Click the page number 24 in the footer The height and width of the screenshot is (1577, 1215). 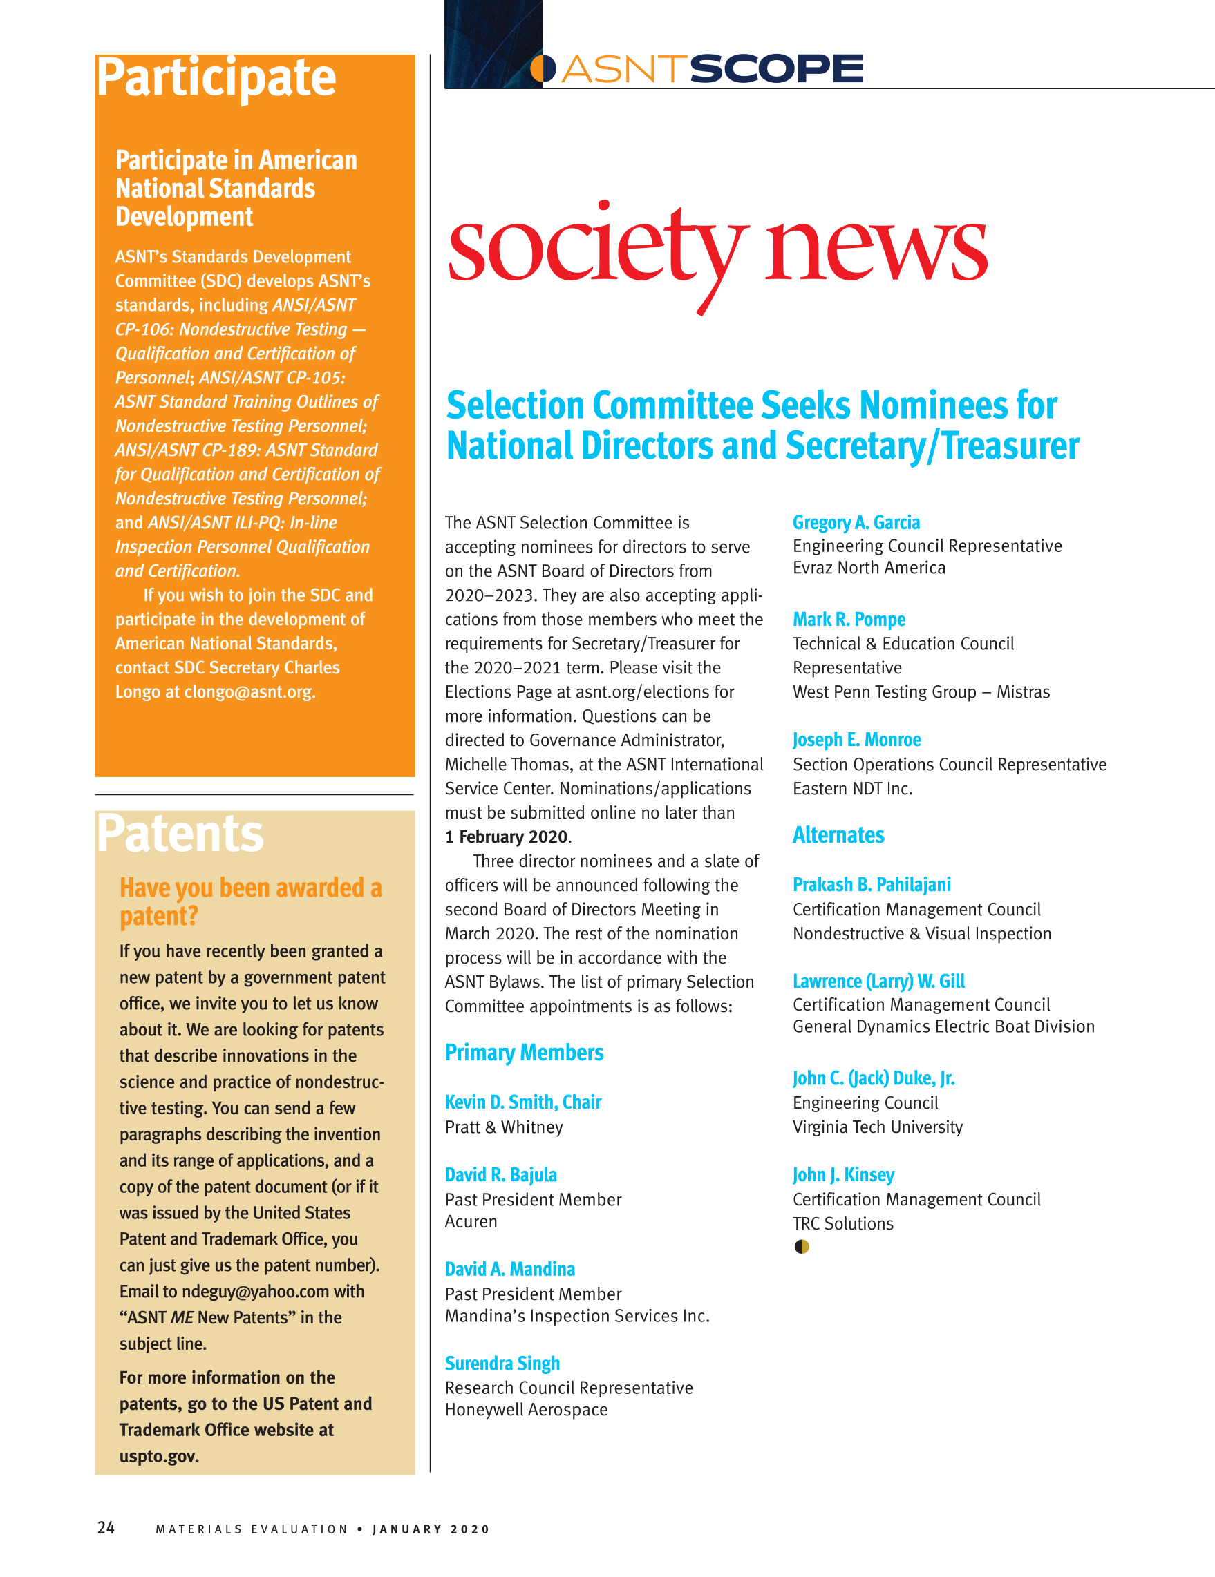[106, 1527]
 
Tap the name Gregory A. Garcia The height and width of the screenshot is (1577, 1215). [856, 522]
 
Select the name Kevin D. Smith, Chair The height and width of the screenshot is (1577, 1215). [523, 1102]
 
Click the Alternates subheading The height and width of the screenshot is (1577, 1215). [838, 835]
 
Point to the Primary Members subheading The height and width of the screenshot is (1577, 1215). [524, 1053]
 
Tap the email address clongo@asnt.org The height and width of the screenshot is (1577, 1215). [249, 691]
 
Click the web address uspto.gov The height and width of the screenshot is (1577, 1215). [158, 1456]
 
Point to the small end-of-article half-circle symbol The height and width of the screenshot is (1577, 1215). [801, 1247]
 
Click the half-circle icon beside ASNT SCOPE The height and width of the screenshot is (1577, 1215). [543, 69]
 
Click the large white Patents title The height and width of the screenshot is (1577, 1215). [180, 834]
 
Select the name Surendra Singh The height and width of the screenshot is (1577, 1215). [502, 1364]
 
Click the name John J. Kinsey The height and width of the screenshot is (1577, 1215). [843, 1175]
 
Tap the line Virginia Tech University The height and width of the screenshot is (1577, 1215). [878, 1127]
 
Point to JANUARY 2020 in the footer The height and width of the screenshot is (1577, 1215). [431, 1529]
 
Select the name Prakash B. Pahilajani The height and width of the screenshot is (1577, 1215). [871, 885]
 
